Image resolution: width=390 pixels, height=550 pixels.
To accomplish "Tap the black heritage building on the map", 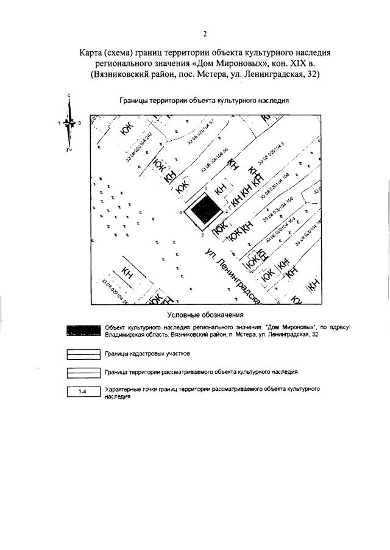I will [206, 212].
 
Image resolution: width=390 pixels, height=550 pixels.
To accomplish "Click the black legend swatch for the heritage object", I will [83, 330].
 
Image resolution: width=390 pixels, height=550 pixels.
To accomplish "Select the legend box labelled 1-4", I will [83, 393].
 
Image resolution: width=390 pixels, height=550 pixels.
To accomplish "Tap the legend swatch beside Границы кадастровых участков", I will [83, 354].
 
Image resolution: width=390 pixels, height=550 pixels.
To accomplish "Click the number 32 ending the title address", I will [312, 74].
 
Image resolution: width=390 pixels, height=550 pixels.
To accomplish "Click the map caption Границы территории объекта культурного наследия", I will [204, 101].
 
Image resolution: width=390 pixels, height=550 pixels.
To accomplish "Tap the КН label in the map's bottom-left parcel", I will [127, 274].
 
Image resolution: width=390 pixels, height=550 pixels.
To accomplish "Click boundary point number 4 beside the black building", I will [182, 212].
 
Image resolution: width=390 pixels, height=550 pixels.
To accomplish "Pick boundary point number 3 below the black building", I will [202, 234].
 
